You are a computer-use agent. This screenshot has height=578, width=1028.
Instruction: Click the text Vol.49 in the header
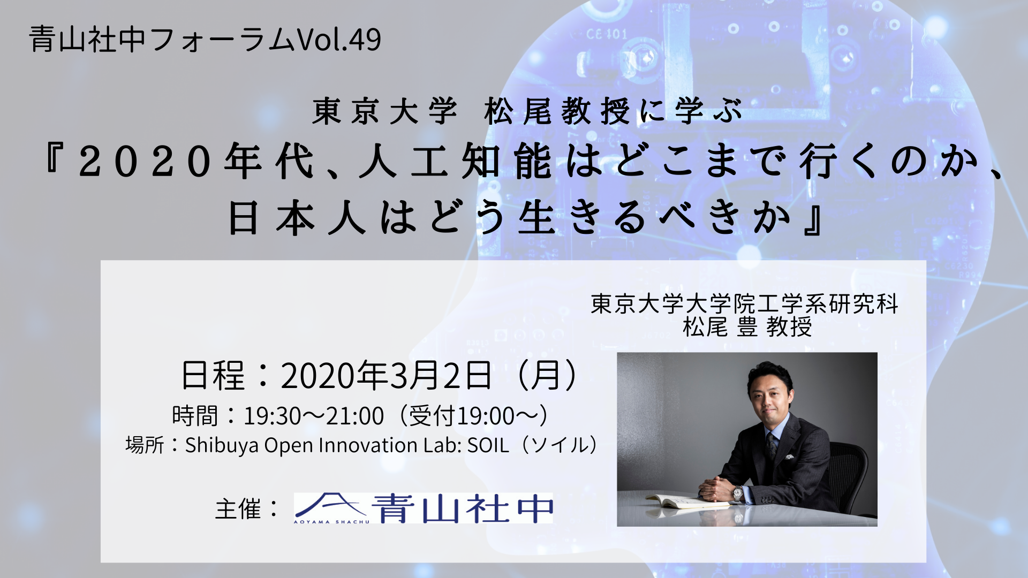338,40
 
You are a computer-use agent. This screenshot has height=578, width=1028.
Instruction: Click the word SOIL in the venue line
488,445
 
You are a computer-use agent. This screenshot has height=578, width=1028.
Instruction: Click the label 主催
238,509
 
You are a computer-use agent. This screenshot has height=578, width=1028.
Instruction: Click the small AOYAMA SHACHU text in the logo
331,521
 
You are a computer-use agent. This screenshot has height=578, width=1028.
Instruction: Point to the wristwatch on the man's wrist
738,493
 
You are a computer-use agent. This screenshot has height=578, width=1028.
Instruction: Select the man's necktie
770,446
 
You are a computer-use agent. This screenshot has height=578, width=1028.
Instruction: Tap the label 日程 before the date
213,376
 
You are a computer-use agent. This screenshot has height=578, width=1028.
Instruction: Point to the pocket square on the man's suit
790,458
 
